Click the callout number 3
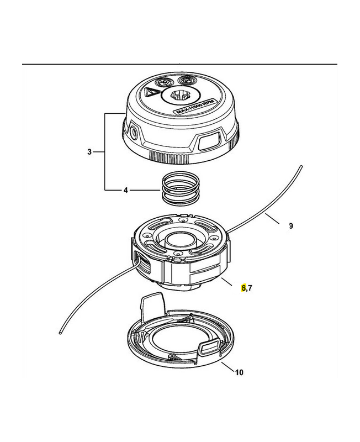pos(89,151)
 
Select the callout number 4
pos(126,191)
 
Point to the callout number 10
pos(239,372)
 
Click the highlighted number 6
pos(243,288)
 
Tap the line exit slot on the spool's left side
pos(137,259)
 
